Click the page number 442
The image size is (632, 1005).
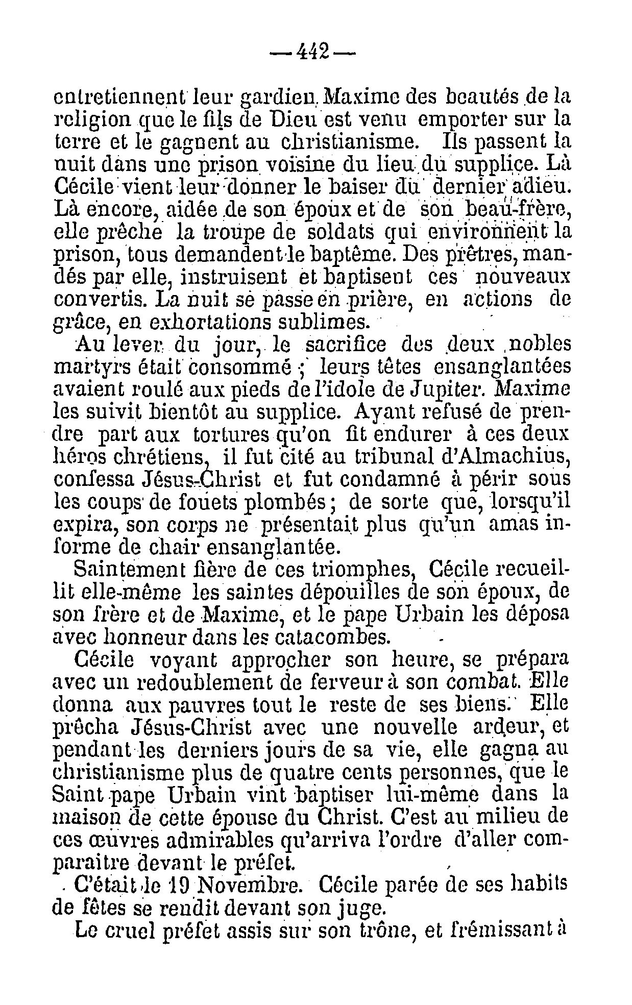(312, 51)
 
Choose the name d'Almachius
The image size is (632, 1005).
(504, 457)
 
